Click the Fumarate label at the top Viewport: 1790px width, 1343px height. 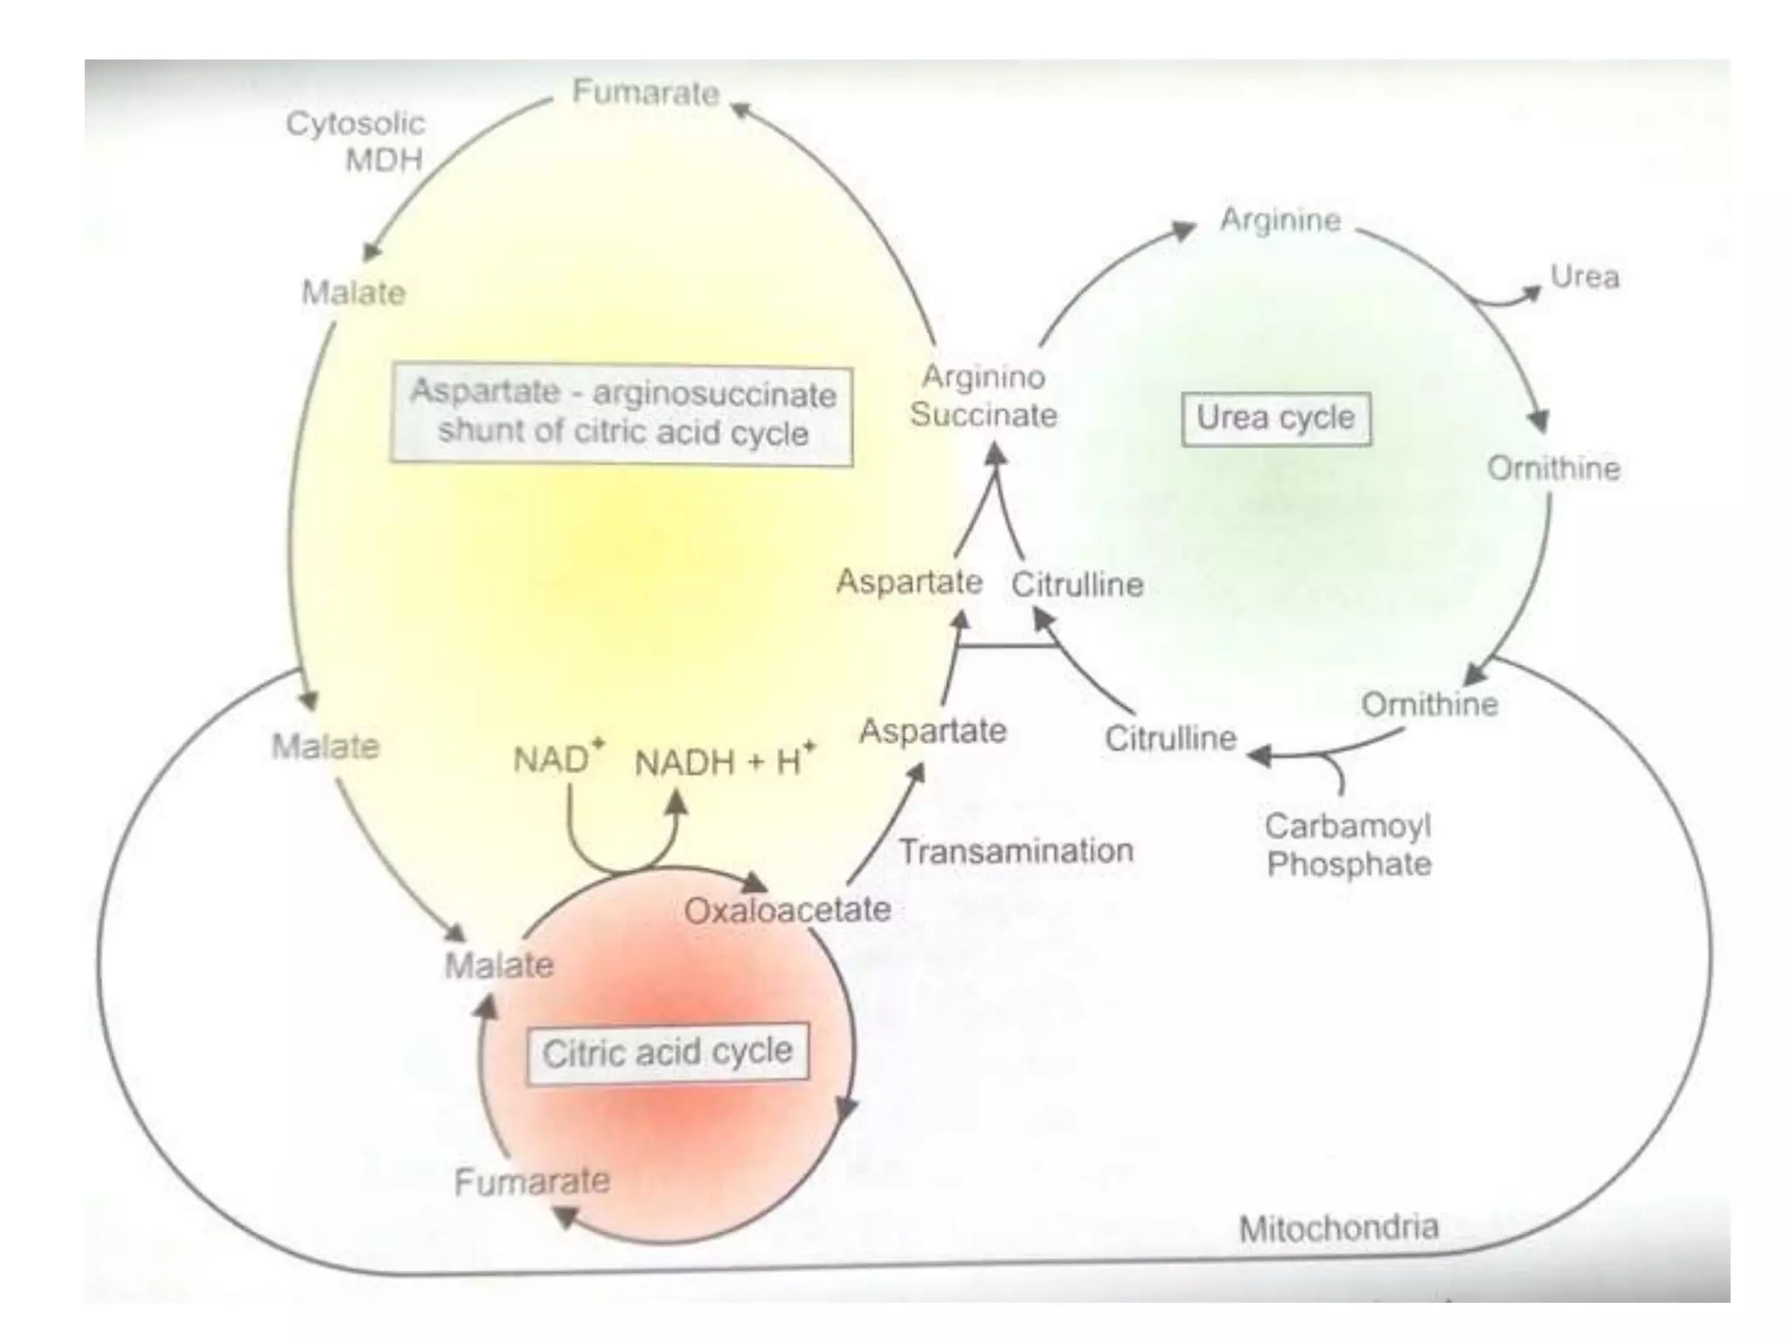645,93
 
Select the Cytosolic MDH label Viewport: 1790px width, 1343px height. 356,142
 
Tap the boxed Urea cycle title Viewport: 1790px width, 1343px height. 1275,419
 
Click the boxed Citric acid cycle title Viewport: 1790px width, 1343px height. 667,1053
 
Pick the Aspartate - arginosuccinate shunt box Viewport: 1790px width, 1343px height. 621,414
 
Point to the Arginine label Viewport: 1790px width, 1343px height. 1280,219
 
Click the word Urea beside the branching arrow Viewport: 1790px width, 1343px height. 1584,277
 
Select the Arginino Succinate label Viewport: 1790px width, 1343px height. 983,396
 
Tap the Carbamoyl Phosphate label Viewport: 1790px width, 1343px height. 1348,845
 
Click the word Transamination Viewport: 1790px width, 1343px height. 1016,851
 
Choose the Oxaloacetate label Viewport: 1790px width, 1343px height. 787,910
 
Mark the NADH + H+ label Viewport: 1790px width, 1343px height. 724,762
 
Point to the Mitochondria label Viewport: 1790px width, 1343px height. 1338,1228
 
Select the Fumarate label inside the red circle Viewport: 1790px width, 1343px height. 531,1182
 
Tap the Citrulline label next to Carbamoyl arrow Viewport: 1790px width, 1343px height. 1170,739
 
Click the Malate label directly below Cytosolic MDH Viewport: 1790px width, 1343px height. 353,292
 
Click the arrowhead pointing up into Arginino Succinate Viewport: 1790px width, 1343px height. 996,454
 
